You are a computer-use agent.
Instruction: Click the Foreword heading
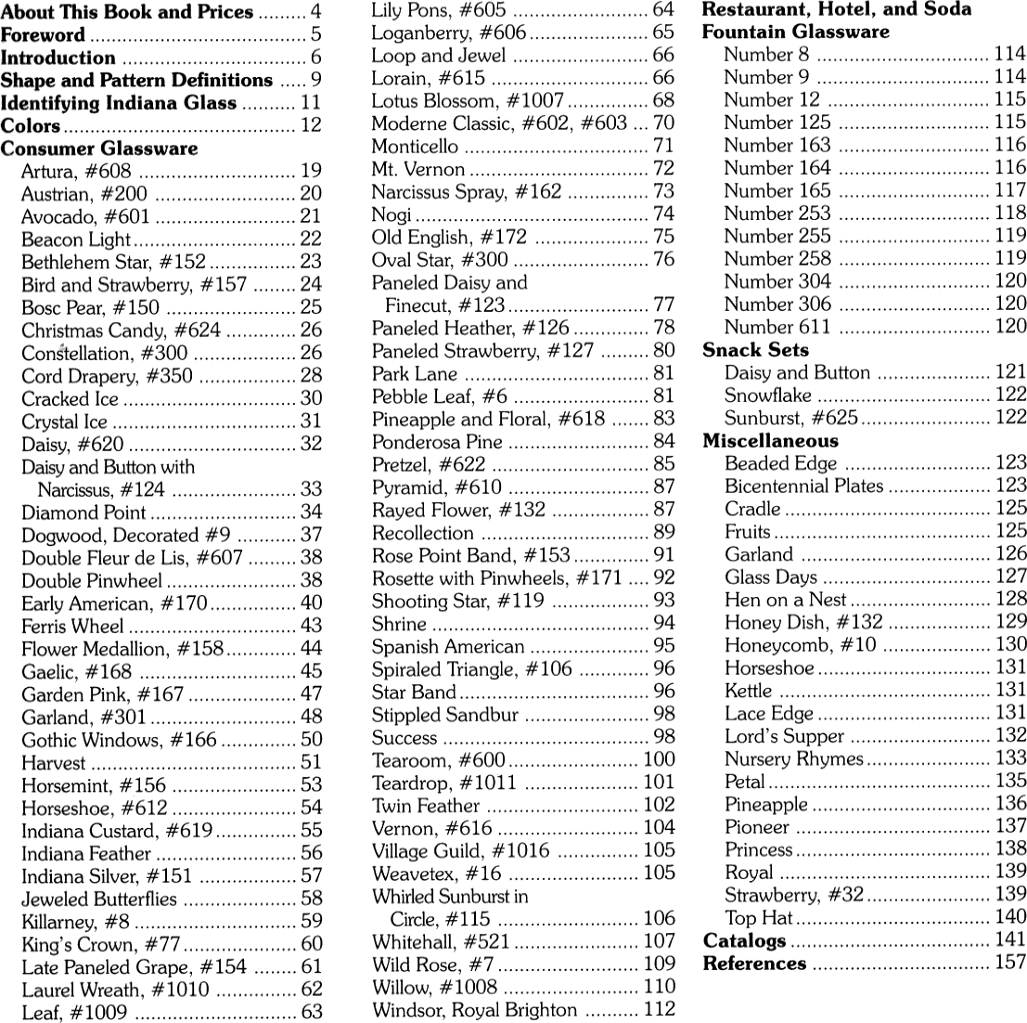click(x=45, y=35)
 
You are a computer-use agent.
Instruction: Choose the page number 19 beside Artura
click(x=311, y=171)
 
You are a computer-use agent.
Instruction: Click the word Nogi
click(x=392, y=214)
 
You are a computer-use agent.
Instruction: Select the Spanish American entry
click(x=448, y=647)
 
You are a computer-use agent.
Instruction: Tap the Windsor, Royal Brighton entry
click(x=474, y=1010)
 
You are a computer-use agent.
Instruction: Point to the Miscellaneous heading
click(x=770, y=441)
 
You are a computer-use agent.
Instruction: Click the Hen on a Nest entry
click(x=785, y=600)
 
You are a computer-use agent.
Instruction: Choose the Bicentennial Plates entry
click(x=803, y=486)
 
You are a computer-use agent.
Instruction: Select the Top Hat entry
click(x=758, y=918)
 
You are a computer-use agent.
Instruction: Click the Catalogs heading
click(x=744, y=941)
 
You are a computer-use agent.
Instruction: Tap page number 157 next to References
click(x=1010, y=964)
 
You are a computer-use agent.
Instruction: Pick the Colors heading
click(x=31, y=125)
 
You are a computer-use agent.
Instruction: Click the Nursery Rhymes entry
click(x=794, y=758)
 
